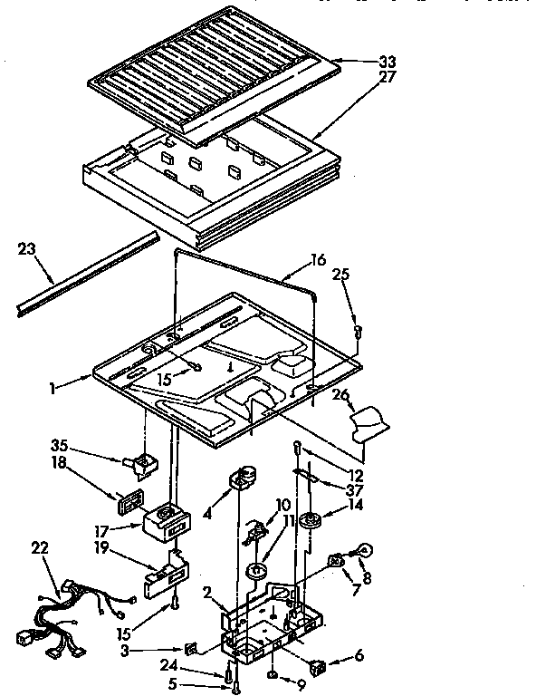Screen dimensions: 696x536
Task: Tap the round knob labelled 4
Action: (243, 478)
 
